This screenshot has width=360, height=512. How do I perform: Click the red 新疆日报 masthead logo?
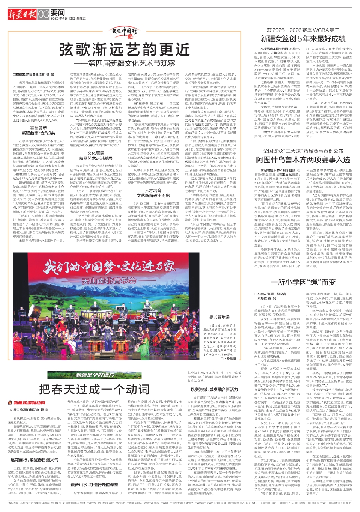click(22, 14)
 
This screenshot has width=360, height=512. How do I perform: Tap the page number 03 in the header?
click(43, 14)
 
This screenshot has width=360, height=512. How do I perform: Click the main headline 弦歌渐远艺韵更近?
click(124, 49)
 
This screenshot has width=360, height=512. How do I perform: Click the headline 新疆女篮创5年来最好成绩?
click(303, 39)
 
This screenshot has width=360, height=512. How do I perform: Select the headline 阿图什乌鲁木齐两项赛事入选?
click(303, 160)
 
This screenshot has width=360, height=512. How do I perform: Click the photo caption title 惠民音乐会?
click(219, 317)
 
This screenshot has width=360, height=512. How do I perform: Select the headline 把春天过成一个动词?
click(94, 389)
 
